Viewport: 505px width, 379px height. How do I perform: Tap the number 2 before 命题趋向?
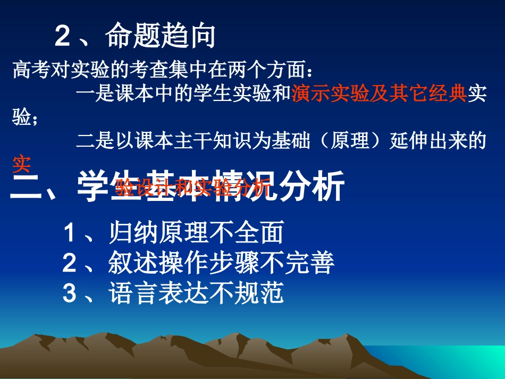(63, 37)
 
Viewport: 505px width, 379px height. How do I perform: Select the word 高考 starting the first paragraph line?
(30, 70)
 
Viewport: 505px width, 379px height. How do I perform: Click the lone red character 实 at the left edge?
(21, 165)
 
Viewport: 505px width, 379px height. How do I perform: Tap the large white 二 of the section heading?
(27, 187)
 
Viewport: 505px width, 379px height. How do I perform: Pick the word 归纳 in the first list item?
(130, 233)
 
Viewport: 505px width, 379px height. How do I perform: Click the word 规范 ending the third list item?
(262, 293)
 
